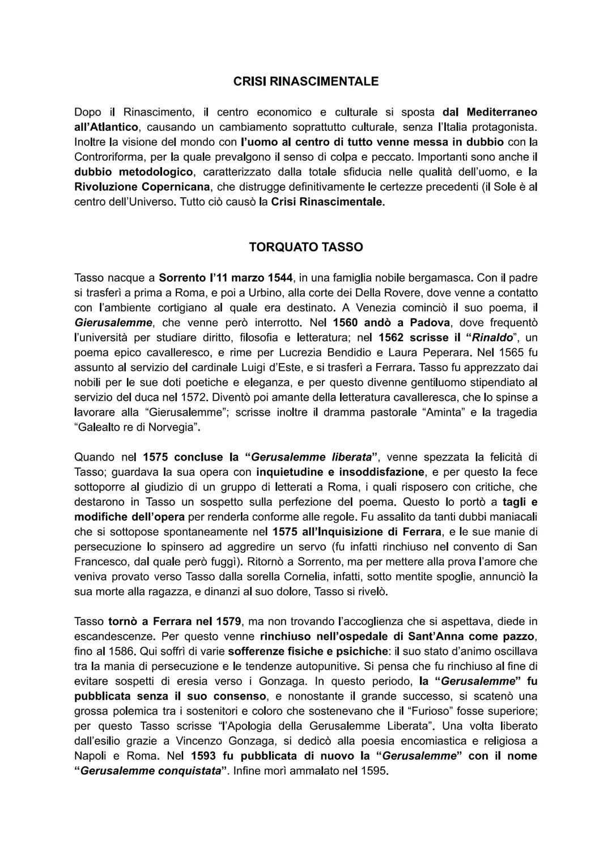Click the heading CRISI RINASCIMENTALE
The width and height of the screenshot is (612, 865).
coord(306,82)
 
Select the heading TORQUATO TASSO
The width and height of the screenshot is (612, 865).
coord(306,248)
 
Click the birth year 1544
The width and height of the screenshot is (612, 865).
coord(279,278)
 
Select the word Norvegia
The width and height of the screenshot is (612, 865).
coord(171,427)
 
